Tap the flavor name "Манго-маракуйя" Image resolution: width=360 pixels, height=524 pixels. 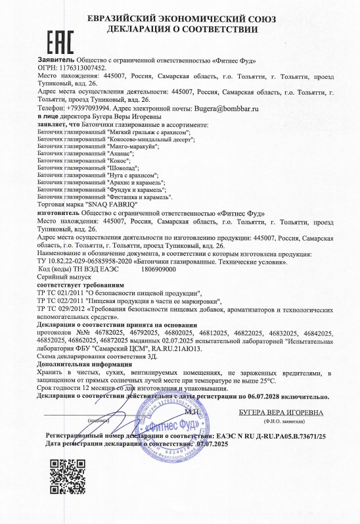click(136, 146)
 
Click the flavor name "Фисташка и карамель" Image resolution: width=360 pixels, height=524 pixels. click(139, 197)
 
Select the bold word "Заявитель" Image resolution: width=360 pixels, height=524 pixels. click(57, 59)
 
